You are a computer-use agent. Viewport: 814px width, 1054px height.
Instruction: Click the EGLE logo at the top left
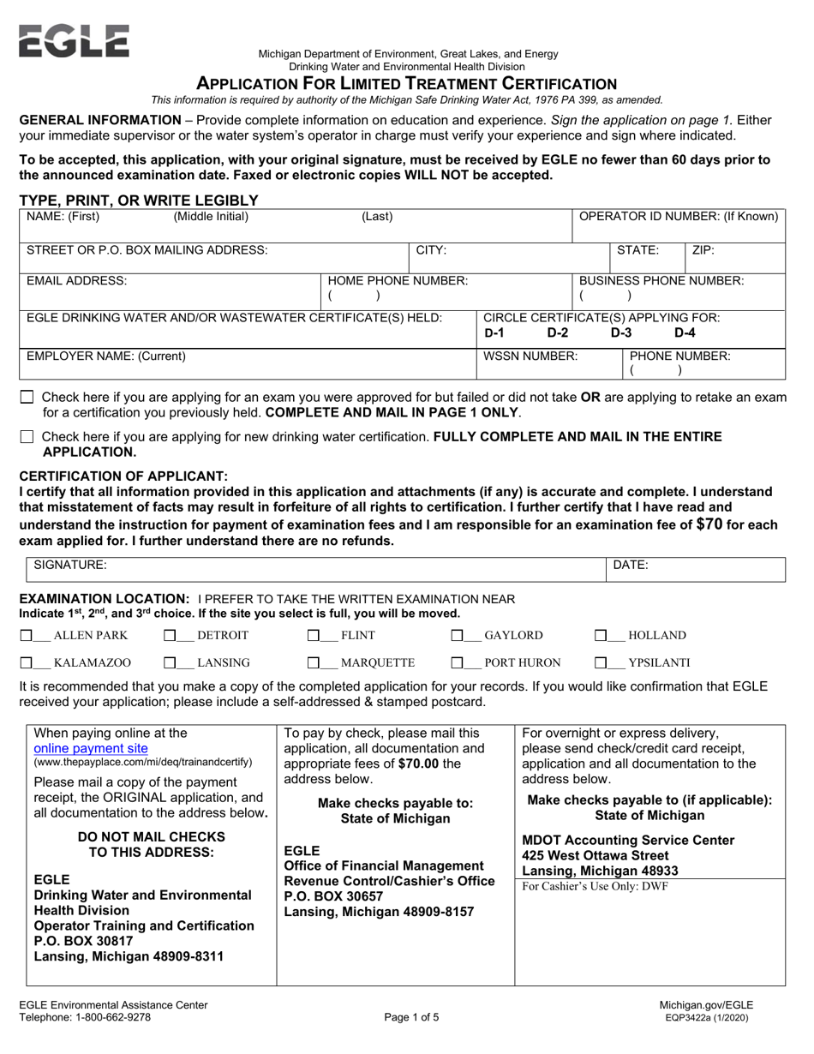[74, 40]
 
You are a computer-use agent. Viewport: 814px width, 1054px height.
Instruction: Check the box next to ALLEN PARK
[27, 636]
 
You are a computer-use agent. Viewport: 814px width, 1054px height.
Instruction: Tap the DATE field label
[631, 565]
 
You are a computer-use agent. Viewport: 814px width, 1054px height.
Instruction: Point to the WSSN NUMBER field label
[530, 355]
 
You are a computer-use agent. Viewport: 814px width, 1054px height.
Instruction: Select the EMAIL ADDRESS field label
[77, 280]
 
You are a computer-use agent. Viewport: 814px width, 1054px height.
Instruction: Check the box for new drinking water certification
[27, 437]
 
